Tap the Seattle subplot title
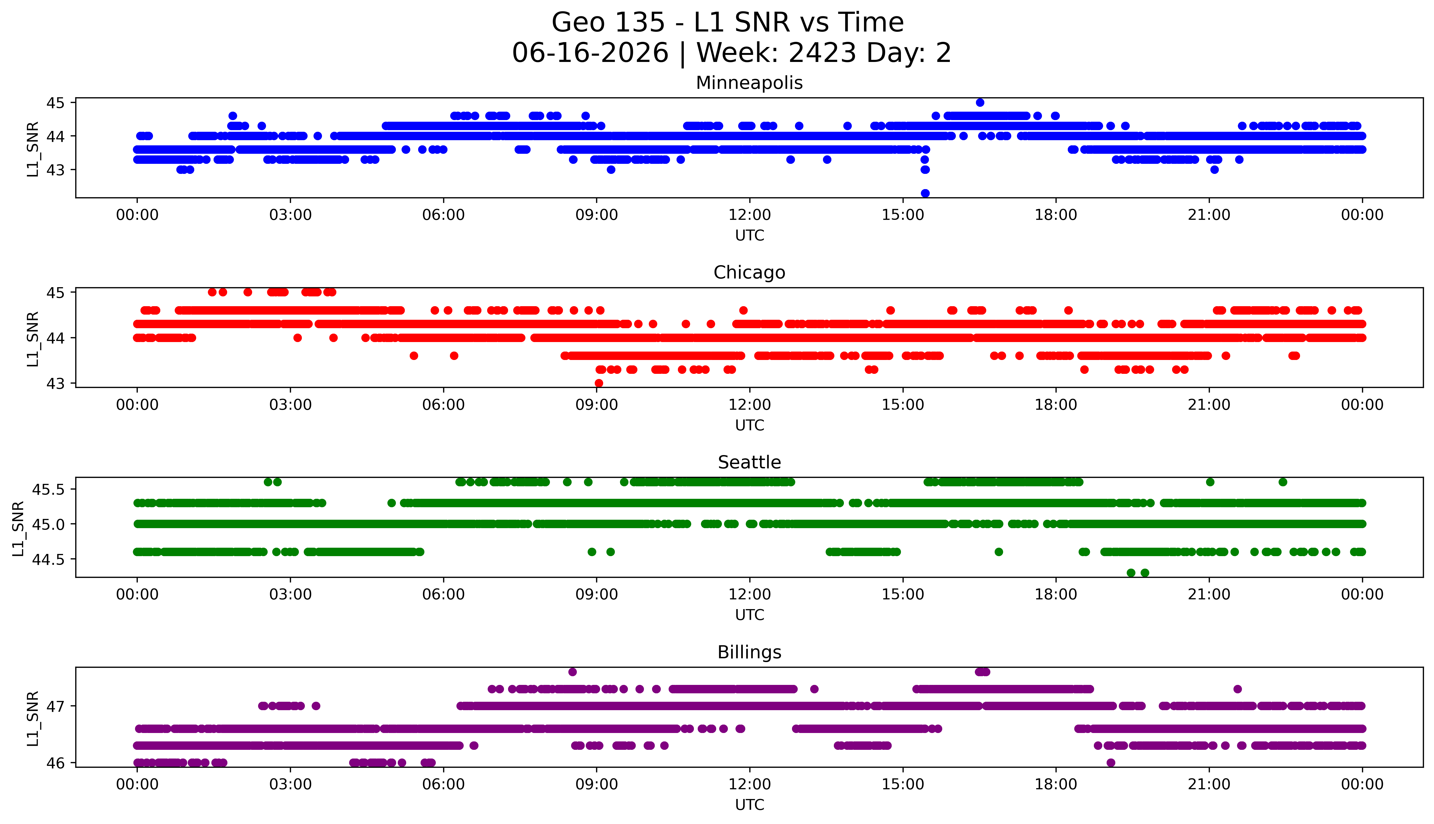coord(749,462)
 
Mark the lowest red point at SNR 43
coord(599,383)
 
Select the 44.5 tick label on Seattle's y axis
coord(49,559)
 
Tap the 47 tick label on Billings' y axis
coord(57,706)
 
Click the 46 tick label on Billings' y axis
coord(57,763)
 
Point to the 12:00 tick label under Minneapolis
coord(749,215)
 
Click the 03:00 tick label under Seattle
coord(290,594)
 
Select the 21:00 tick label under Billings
coord(1209,784)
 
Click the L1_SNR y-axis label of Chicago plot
coord(33,339)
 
